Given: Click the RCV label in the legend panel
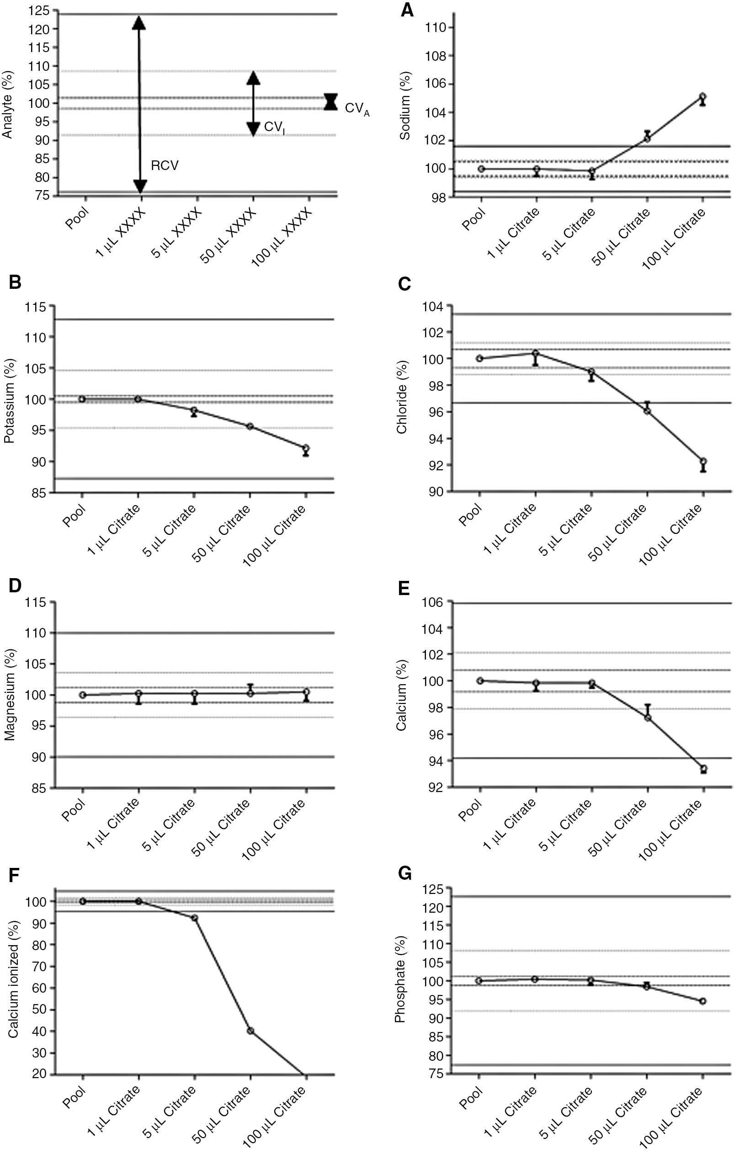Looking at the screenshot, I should coord(165,166).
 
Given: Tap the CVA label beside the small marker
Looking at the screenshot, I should coord(357,109).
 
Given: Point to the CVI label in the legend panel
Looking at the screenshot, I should coord(274,128).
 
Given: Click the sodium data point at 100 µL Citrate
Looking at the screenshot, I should coord(702,97).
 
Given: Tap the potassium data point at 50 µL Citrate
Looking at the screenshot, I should coord(250,426).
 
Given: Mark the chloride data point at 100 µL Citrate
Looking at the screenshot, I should coord(703,462).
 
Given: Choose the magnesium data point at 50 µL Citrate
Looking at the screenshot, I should coord(250,693).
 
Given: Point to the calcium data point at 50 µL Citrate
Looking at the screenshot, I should coord(647,718).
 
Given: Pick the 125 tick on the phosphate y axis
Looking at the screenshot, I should coord(432,888).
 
